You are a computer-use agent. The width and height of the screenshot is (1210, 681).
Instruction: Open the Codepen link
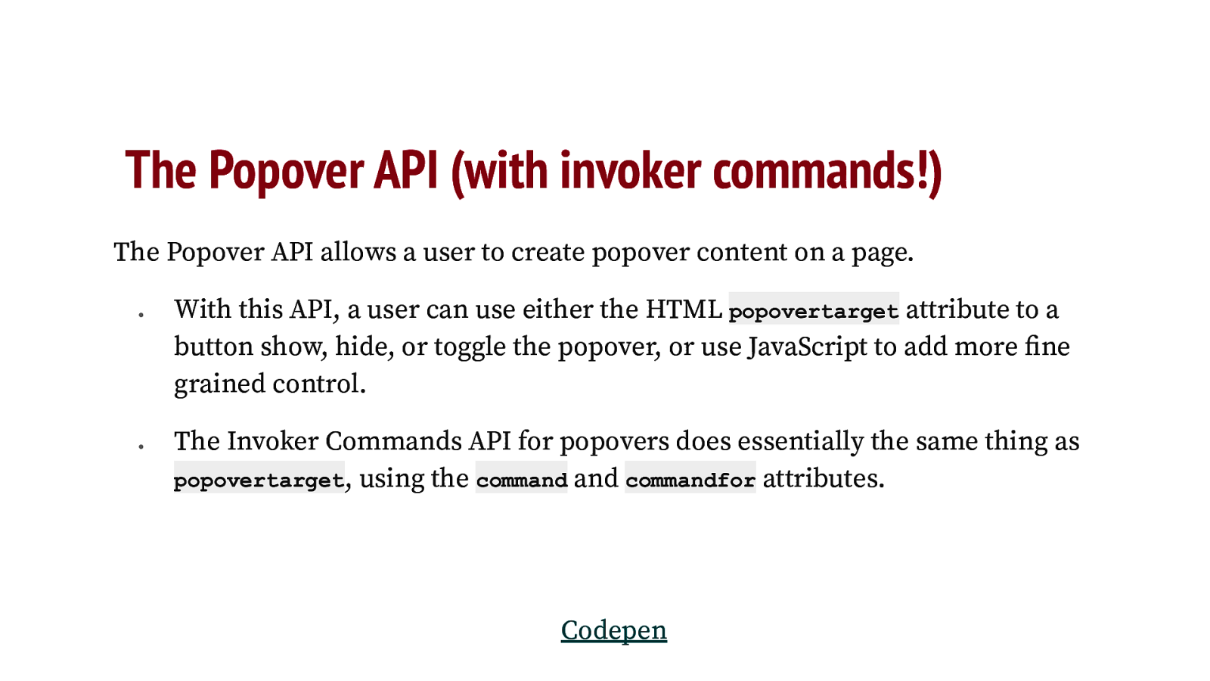click(x=613, y=630)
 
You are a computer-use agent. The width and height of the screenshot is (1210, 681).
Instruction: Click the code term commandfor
click(x=690, y=480)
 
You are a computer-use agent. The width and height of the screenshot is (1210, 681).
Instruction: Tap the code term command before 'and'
click(x=521, y=480)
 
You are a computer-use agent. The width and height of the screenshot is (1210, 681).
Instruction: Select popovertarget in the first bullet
click(x=813, y=311)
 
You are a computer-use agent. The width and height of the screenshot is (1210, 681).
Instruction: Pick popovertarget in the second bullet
click(x=259, y=480)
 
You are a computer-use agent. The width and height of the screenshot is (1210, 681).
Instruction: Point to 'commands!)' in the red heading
click(x=827, y=170)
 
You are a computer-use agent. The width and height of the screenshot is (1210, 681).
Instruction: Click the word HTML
click(x=684, y=309)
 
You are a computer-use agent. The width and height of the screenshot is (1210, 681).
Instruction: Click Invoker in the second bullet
click(x=272, y=441)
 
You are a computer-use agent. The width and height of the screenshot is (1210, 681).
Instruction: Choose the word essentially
click(x=800, y=441)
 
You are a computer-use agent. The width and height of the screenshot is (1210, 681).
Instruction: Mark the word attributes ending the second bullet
click(x=822, y=478)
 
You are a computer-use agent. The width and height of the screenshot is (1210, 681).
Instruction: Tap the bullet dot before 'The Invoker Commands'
click(x=141, y=446)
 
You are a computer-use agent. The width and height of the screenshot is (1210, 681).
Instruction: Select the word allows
click(x=358, y=252)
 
